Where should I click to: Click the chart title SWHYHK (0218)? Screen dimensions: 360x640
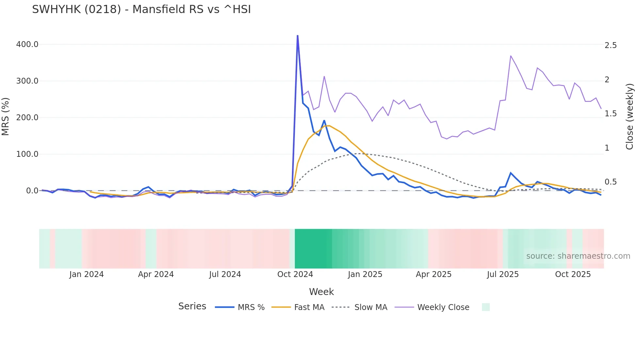[141, 9]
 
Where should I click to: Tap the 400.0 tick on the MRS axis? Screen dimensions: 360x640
[27, 44]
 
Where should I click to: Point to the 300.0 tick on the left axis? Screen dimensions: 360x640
[27, 81]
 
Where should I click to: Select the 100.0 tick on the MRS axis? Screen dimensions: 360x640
[27, 154]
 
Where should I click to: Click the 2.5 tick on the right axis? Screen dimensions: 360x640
[611, 45]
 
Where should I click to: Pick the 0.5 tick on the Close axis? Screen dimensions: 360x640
[611, 182]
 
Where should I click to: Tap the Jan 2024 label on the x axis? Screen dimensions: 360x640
[86, 274]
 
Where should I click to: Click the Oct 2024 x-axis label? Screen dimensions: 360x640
[295, 274]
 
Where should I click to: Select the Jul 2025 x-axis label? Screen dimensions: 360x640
[503, 274]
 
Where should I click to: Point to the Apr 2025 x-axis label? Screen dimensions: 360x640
[433, 274]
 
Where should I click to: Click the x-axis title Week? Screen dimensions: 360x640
[321, 292]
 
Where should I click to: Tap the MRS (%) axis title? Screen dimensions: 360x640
[6, 117]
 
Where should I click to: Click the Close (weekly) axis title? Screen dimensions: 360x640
[630, 117]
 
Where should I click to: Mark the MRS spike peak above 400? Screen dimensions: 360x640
[297, 36]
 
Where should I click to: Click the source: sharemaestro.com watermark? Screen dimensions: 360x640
[578, 256]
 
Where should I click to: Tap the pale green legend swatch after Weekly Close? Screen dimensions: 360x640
[486, 307]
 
